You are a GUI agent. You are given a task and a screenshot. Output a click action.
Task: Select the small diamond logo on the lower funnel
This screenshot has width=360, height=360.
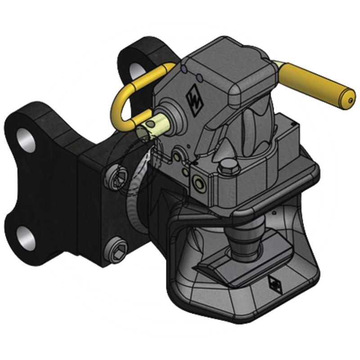tap(274, 283)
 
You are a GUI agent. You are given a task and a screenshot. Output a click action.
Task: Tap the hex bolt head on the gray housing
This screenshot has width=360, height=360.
tap(228, 170)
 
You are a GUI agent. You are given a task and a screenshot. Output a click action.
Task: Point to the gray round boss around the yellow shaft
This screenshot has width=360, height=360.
tap(170, 115)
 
